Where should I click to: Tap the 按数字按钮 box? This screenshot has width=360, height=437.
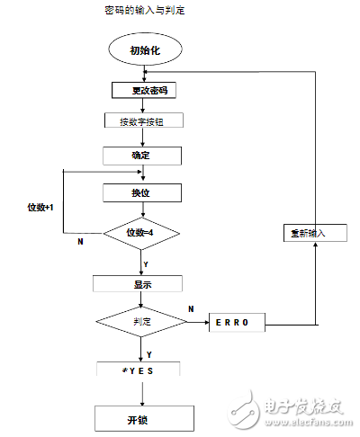tap(144, 121)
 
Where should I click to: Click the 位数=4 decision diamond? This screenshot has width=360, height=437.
tap(142, 233)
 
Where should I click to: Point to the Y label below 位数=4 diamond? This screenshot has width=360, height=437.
tap(147, 265)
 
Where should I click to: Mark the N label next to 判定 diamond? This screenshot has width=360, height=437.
tap(190, 308)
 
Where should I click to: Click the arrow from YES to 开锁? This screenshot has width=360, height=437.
tap(138, 390)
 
